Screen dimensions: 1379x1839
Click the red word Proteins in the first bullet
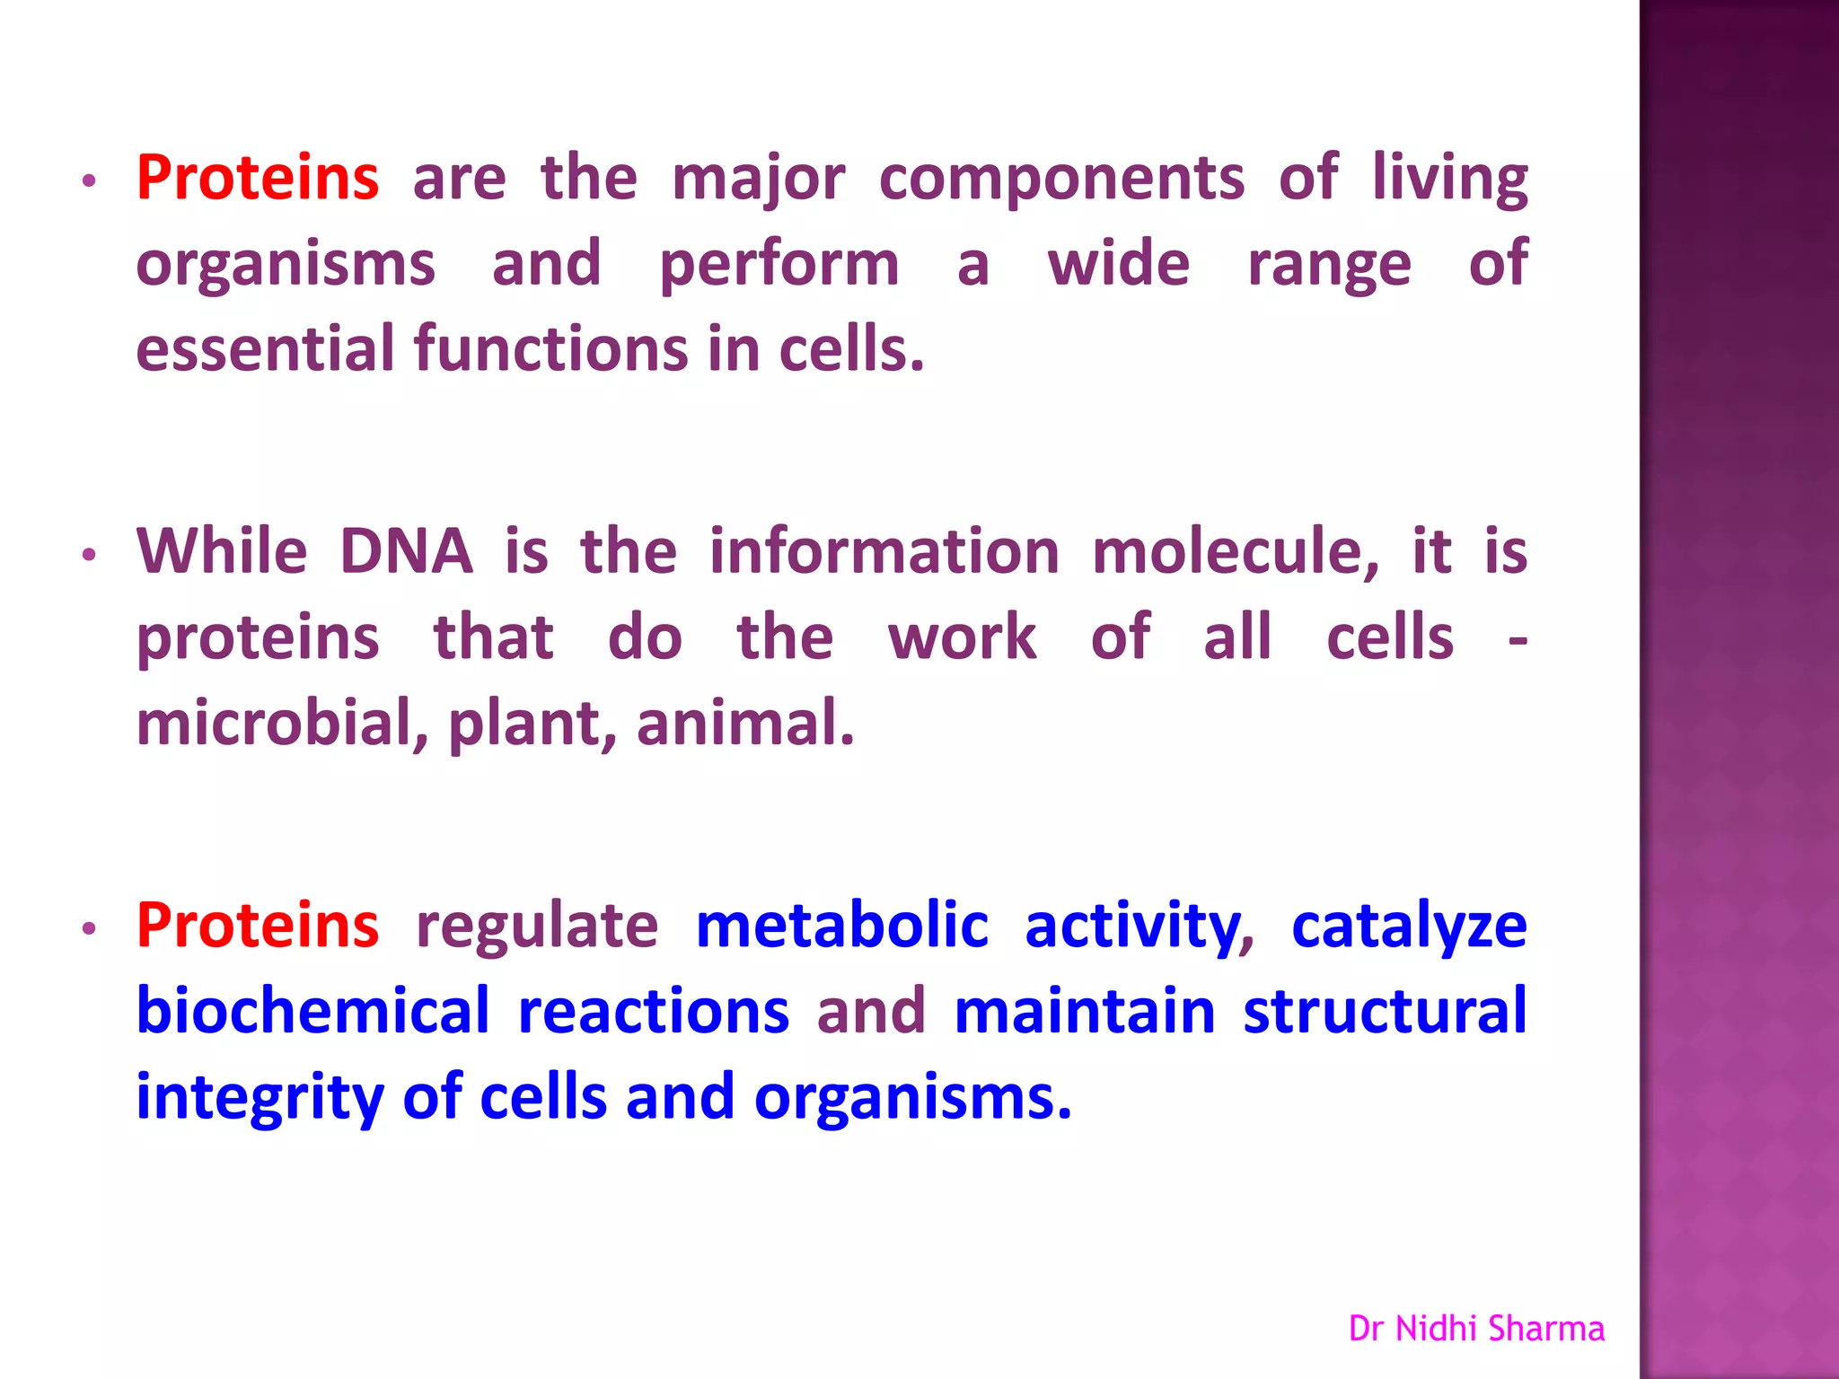258,178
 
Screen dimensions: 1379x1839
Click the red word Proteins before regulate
258,925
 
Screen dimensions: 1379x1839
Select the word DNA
406,551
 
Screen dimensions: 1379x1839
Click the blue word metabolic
842,925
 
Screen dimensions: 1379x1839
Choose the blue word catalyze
1409,927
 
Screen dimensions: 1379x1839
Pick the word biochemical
312,1011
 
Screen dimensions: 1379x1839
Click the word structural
1385,1011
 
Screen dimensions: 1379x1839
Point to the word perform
779,266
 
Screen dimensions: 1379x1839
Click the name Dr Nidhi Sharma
1476,1329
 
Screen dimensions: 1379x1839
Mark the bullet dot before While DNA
88,556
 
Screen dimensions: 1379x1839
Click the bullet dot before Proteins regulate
88,930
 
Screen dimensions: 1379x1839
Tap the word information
884,551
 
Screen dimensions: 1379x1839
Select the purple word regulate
537,927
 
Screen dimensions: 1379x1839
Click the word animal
744,724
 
